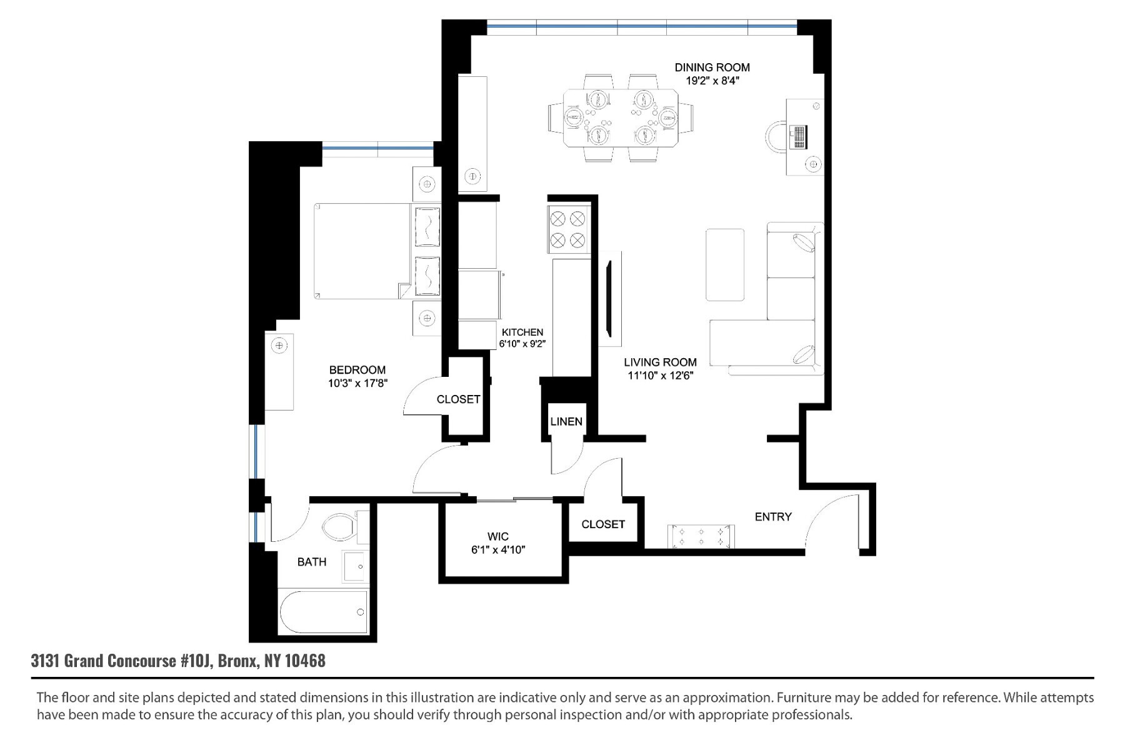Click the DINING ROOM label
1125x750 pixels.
pos(712,67)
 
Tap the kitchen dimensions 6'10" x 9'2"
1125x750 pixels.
pos(522,344)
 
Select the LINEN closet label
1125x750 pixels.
pos(566,422)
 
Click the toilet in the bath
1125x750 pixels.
pos(339,529)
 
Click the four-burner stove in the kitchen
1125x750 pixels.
pos(567,229)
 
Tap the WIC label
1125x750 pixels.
pos(498,536)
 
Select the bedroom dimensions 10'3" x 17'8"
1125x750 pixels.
pos(358,383)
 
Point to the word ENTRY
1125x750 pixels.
pos(773,517)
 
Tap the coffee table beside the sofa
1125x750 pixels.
pos(725,264)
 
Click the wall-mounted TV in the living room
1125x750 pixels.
pos(609,300)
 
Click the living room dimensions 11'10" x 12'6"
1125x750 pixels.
pos(661,376)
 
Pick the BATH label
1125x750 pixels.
pos(312,562)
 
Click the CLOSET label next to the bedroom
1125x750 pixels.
pos(458,399)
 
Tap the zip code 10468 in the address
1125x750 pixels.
pos(305,661)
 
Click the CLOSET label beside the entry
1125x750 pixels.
pos(603,524)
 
